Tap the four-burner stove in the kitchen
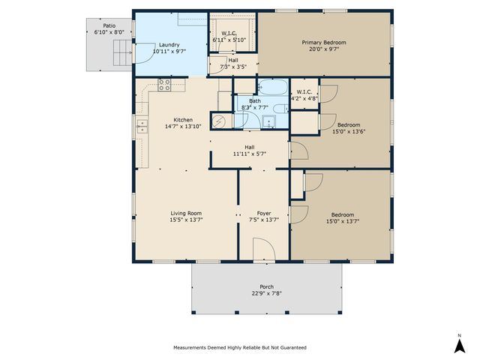164,85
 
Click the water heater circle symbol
220,120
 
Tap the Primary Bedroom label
323,43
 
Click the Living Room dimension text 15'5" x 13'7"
184,220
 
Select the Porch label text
266,286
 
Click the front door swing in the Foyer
262,249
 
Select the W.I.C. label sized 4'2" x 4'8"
304,97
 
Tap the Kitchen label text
183,120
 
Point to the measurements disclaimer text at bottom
239,347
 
